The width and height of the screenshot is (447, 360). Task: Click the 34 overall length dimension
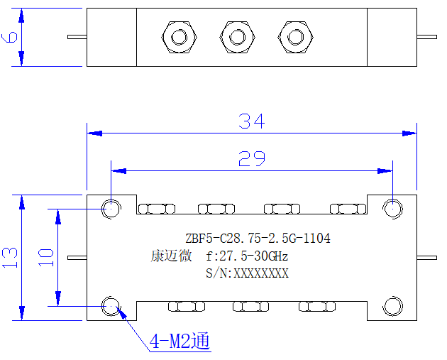click(x=252, y=121)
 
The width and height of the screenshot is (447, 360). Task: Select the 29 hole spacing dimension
click(x=252, y=158)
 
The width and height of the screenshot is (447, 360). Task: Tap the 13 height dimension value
click(x=10, y=258)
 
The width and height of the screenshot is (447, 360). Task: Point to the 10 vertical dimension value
click(x=46, y=258)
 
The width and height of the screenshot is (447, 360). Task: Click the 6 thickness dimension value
click(x=9, y=37)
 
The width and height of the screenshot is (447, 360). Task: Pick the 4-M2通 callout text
click(x=180, y=341)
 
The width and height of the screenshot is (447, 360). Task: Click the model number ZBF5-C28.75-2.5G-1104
click(x=258, y=238)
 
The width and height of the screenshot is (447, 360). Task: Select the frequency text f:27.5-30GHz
click(x=247, y=256)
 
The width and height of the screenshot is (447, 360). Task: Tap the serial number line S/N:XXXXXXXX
click(x=247, y=273)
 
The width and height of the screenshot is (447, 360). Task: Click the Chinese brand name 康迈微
click(x=171, y=256)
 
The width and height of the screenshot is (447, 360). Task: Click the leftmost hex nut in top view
click(x=180, y=37)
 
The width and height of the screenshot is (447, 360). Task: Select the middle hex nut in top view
click(x=238, y=37)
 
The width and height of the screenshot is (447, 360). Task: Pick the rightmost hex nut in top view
click(x=296, y=37)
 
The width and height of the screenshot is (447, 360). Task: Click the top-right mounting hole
click(x=392, y=209)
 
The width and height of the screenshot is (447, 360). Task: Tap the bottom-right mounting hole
click(x=392, y=306)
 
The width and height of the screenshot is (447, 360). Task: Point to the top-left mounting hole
click(x=111, y=209)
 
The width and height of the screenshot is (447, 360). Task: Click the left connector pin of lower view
click(x=77, y=258)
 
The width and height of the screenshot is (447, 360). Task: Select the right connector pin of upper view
click(x=426, y=37)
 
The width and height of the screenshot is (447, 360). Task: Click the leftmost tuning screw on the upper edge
click(x=157, y=209)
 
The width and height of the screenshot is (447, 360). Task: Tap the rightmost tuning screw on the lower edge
click(x=317, y=307)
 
